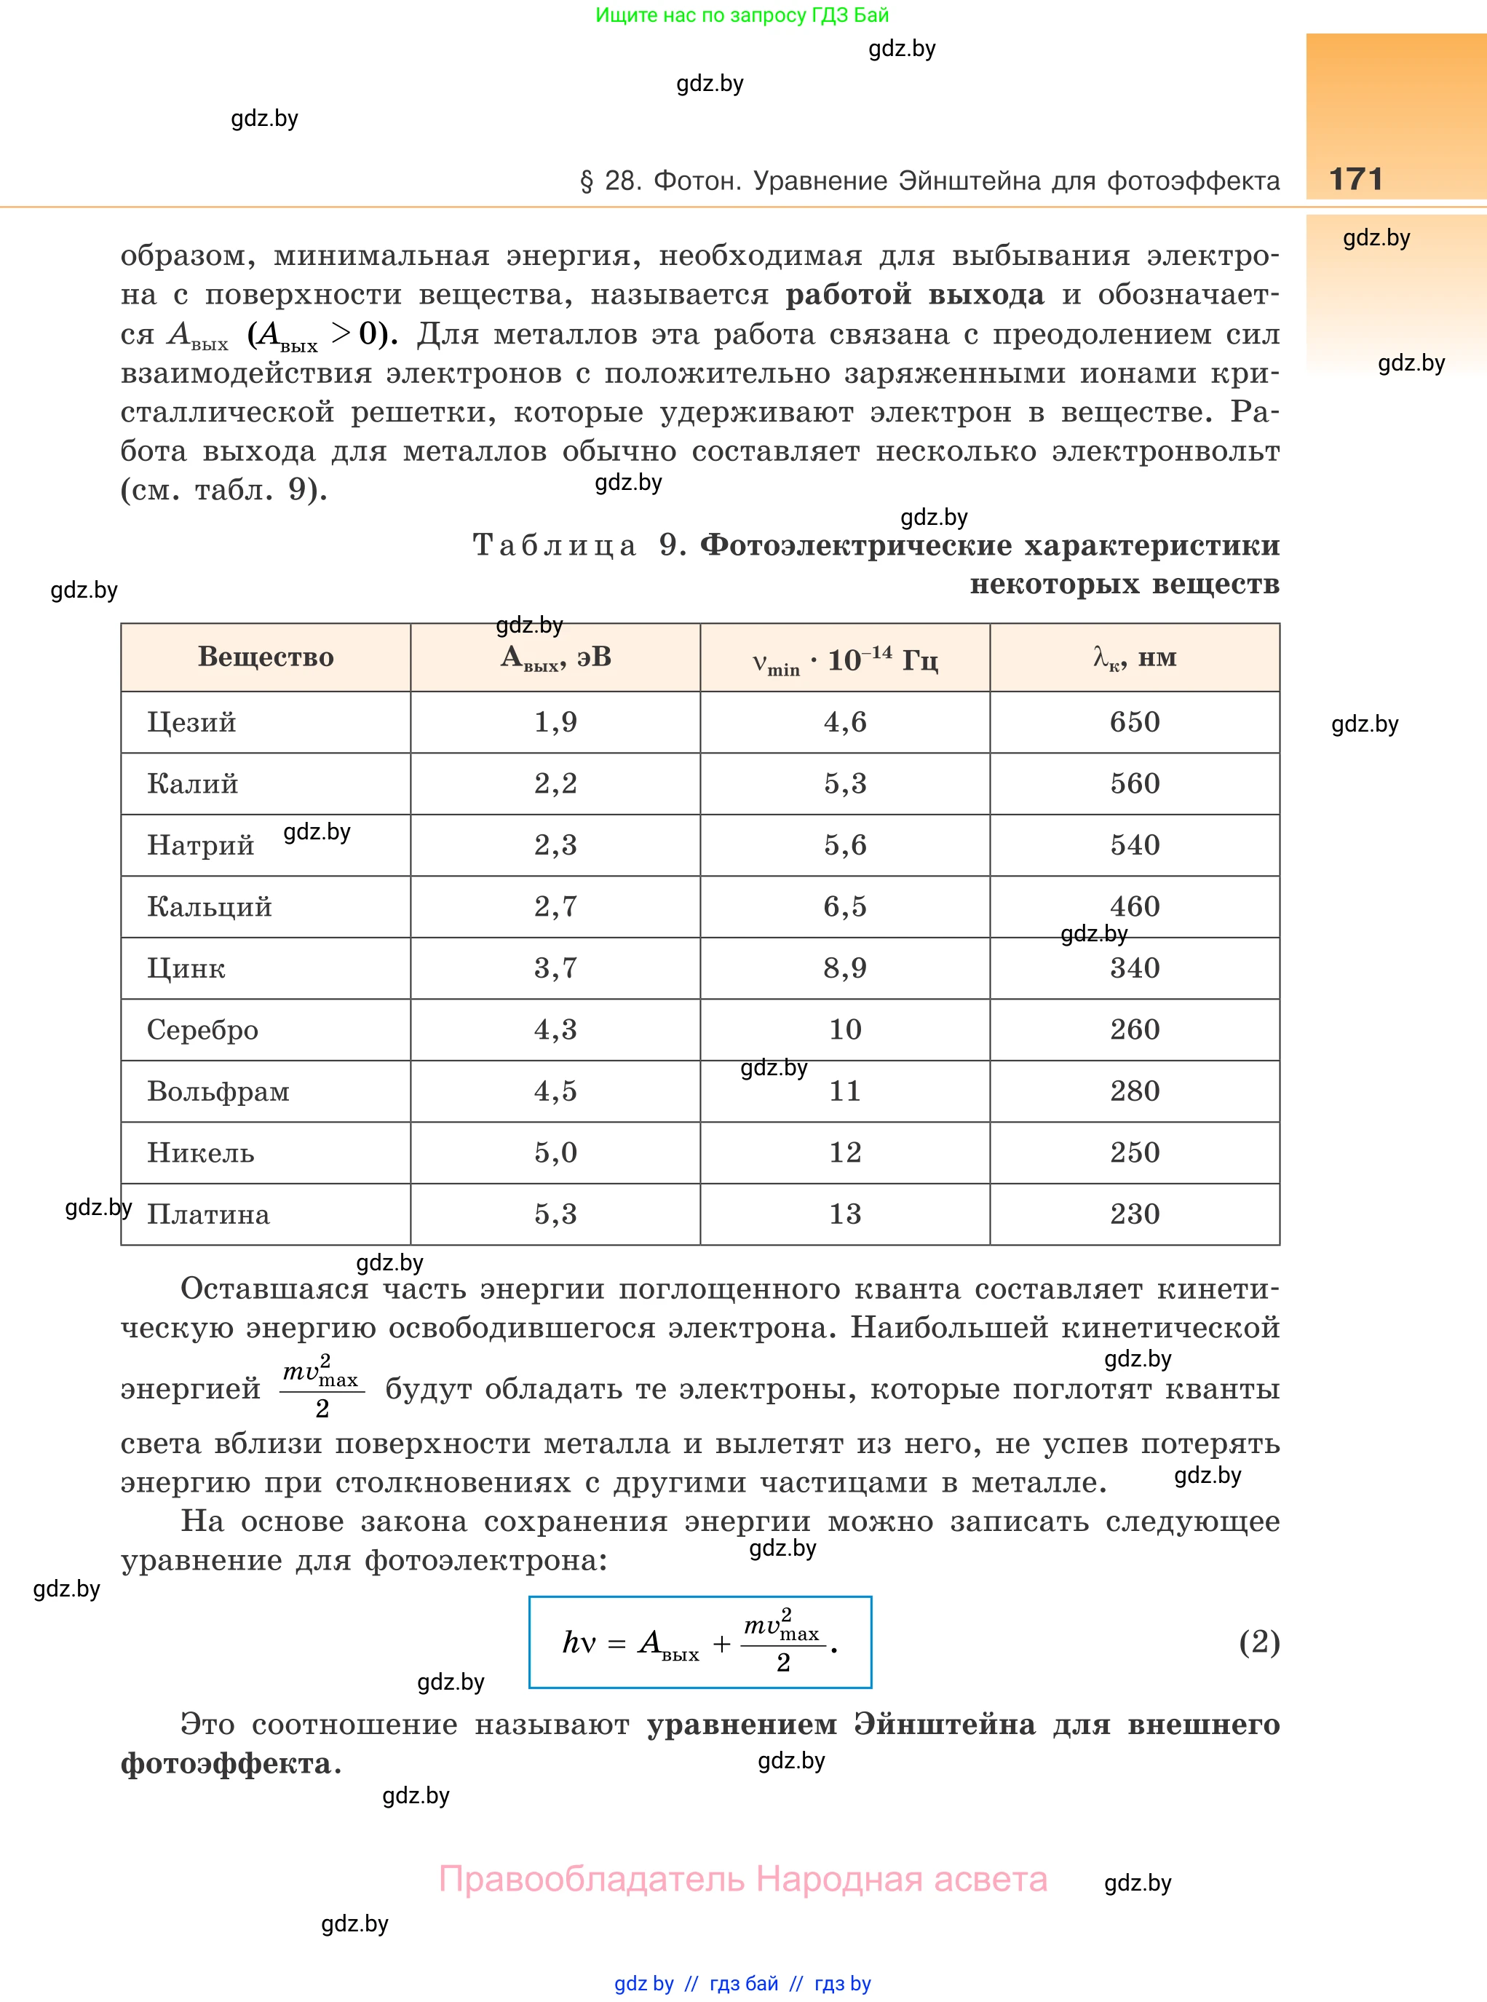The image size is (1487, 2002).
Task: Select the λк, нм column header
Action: tap(1134, 657)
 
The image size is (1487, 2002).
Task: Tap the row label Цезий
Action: tap(191, 722)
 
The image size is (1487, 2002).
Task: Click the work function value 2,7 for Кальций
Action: tap(555, 906)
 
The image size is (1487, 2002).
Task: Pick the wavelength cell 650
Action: tap(1134, 722)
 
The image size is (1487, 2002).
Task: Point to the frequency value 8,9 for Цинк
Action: tap(844, 968)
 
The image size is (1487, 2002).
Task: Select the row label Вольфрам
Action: tap(218, 1091)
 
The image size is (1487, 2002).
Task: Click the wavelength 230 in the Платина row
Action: tap(1134, 1214)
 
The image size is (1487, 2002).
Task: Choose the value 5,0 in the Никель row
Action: tap(555, 1152)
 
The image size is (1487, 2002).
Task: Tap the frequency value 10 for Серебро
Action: tap(844, 1029)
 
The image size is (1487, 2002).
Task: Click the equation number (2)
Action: tap(1258, 1641)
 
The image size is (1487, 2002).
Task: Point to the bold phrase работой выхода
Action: tap(914, 294)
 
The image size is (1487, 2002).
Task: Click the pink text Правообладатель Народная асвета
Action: tap(742, 1879)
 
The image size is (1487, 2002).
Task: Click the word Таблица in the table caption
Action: tap(555, 545)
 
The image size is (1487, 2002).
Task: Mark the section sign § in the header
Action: tap(587, 181)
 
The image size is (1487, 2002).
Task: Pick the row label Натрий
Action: tap(201, 845)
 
